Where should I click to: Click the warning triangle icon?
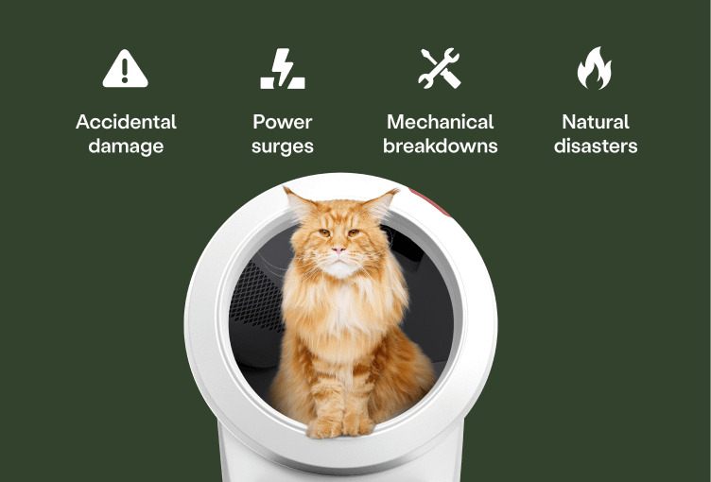tap(126, 69)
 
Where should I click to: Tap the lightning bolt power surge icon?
tap(282, 69)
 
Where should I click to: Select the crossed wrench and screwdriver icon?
tap(440, 69)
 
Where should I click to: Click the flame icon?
tap(595, 69)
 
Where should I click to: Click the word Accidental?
tap(126, 122)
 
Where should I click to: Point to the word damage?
tap(126, 146)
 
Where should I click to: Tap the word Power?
tap(282, 122)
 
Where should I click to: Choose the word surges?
tap(282, 146)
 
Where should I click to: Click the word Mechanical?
tap(440, 122)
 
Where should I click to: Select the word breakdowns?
tap(440, 146)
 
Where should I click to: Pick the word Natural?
tap(595, 122)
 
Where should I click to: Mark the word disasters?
tap(595, 146)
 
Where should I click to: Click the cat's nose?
tap(338, 250)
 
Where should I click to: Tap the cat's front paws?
tap(339, 425)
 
